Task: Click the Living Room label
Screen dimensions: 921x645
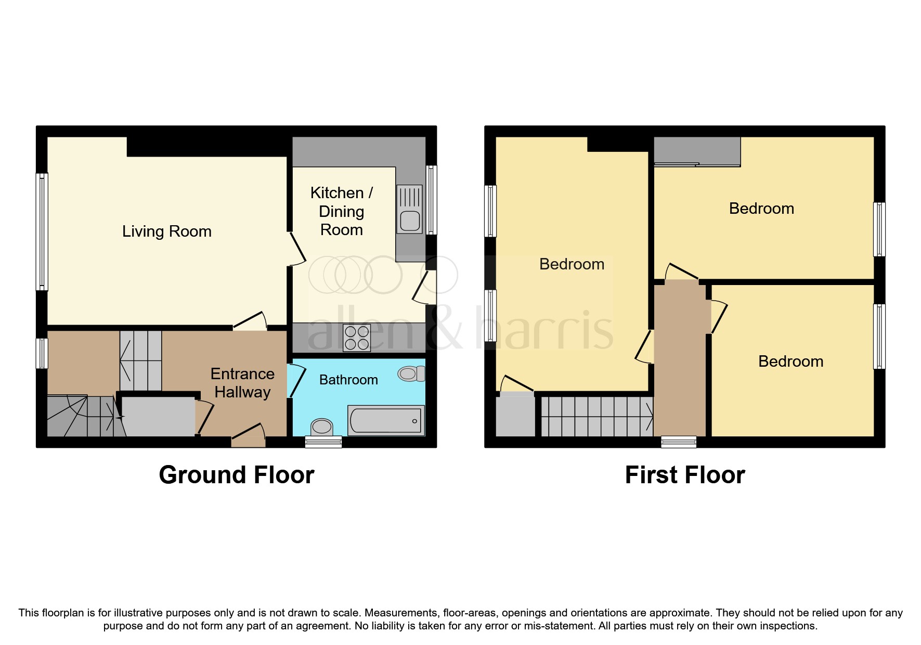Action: pyautogui.click(x=167, y=231)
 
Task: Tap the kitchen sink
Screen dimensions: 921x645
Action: pyautogui.click(x=410, y=209)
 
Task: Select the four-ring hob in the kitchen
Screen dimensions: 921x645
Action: pyautogui.click(x=357, y=338)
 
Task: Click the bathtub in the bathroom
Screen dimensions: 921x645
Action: pyautogui.click(x=386, y=420)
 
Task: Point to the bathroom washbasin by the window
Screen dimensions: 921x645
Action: pyautogui.click(x=322, y=427)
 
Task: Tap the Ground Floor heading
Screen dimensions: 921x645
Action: pyautogui.click(x=237, y=475)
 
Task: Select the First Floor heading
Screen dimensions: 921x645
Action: pyautogui.click(x=685, y=475)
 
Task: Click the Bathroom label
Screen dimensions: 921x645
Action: pyautogui.click(x=348, y=380)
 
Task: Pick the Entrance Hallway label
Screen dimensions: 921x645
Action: pyautogui.click(x=242, y=383)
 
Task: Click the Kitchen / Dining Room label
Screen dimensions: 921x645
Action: pyautogui.click(x=342, y=211)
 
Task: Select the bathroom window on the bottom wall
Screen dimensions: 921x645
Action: pyautogui.click(x=323, y=442)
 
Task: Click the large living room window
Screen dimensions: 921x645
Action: pyautogui.click(x=42, y=231)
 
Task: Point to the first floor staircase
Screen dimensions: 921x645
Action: pyautogui.click(x=597, y=417)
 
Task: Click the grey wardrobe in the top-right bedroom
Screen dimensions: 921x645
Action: pyautogui.click(x=697, y=151)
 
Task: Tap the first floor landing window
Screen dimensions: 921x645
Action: pyautogui.click(x=679, y=442)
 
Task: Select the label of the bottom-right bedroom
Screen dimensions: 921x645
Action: pyautogui.click(x=790, y=362)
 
